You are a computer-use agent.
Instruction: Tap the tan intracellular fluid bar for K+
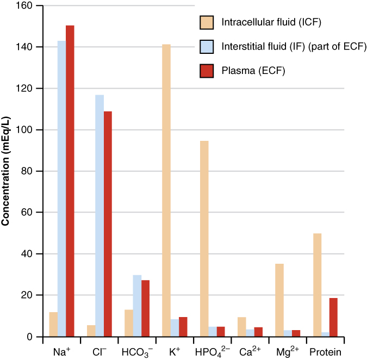coord(166,190)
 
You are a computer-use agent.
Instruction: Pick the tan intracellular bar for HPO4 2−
coord(204,239)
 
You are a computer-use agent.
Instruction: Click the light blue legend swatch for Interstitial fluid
coord(207,46)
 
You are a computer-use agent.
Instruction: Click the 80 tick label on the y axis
coord(26,171)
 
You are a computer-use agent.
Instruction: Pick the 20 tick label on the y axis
coord(26,295)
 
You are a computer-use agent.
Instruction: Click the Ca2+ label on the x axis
coord(251,352)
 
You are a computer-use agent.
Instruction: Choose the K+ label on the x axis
coord(175,352)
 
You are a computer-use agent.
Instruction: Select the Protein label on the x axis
coord(325,352)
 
